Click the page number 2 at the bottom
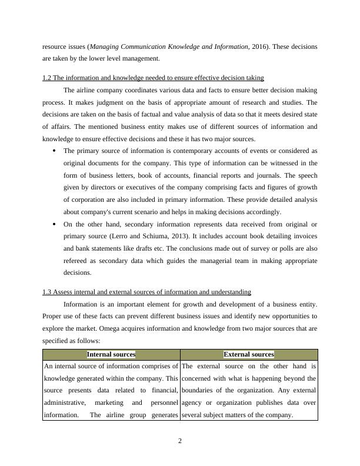coord(180,441)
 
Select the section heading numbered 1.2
coord(153,78)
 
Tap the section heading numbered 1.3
coord(146,292)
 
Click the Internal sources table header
coord(111,354)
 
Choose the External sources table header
coord(249,354)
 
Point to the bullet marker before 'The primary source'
coord(54,150)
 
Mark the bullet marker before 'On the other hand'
coord(54,224)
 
